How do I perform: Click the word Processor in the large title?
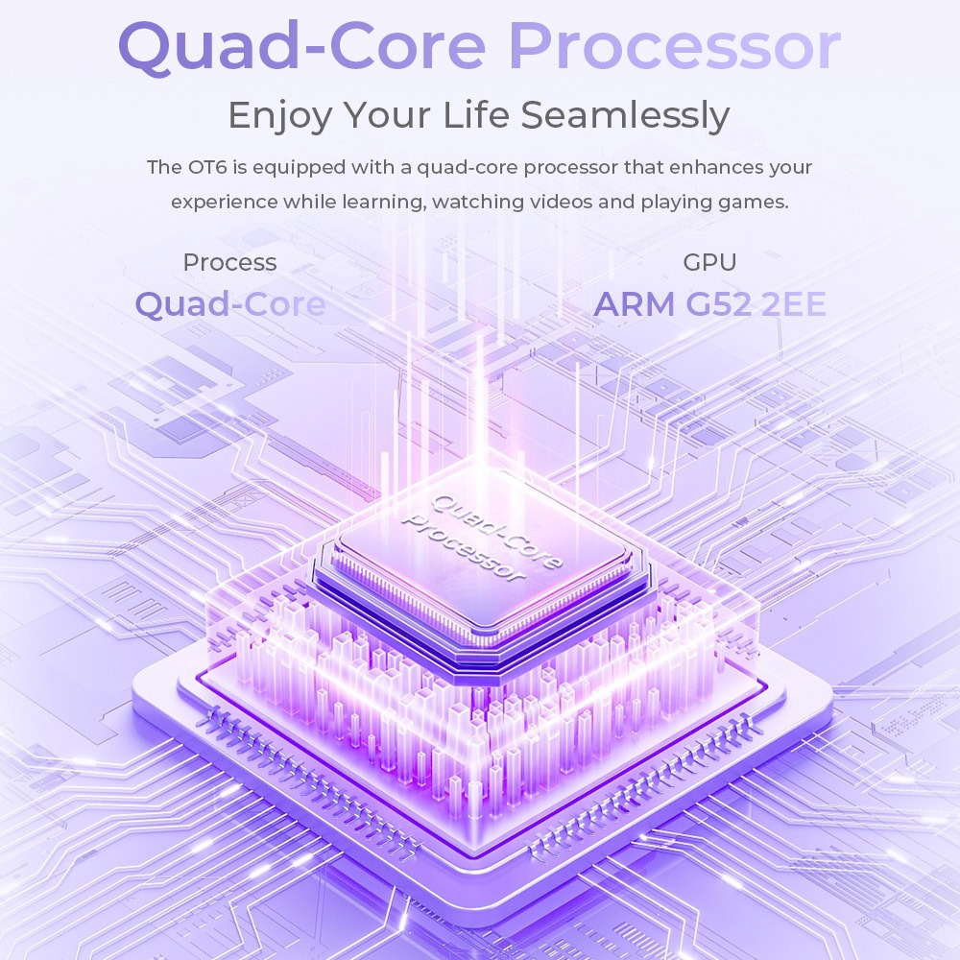coord(674,46)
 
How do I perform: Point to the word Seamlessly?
coord(625,116)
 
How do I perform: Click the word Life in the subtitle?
coord(477,116)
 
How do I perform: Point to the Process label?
coord(229,262)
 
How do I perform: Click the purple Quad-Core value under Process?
coord(229,304)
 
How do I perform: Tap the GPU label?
coord(709,262)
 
